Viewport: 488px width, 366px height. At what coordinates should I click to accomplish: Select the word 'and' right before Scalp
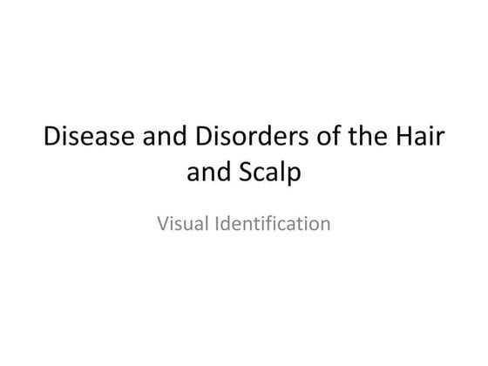(207, 173)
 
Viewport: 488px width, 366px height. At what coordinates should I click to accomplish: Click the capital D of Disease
(51, 139)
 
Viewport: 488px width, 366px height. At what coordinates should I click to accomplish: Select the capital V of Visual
(163, 224)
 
